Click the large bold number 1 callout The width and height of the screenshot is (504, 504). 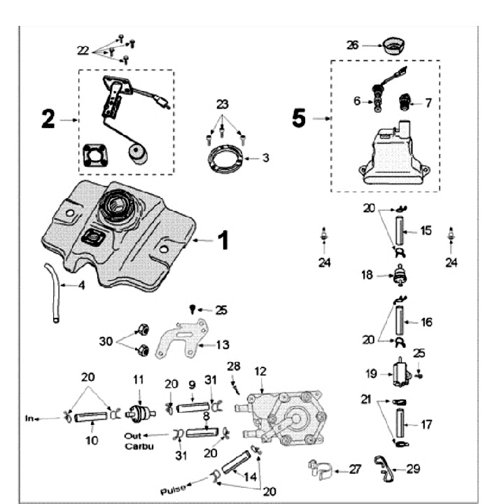(x=223, y=241)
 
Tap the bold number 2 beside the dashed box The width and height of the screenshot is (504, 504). (x=48, y=119)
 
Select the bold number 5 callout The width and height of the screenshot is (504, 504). (x=299, y=118)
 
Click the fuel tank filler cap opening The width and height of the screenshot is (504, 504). (x=116, y=204)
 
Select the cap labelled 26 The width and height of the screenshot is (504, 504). (x=394, y=45)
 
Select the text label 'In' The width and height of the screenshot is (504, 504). (x=29, y=419)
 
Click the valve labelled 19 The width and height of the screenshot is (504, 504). (x=401, y=372)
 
